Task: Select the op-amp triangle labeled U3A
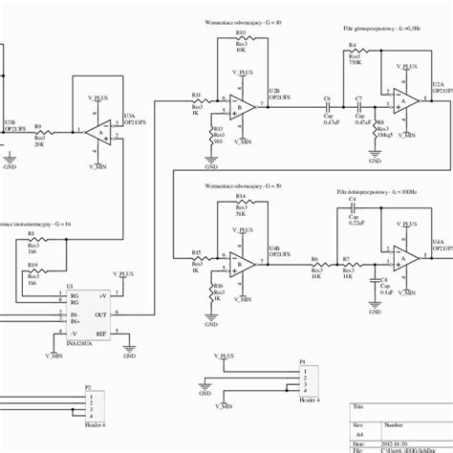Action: click(98, 132)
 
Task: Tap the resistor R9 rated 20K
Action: click(41, 132)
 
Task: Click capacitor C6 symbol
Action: click(327, 105)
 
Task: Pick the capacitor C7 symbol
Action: click(358, 105)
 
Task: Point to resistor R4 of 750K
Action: click(354, 56)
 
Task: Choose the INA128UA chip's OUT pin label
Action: click(101, 313)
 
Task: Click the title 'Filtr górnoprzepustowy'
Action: click(369, 29)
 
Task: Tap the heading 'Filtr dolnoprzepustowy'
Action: click(369, 191)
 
